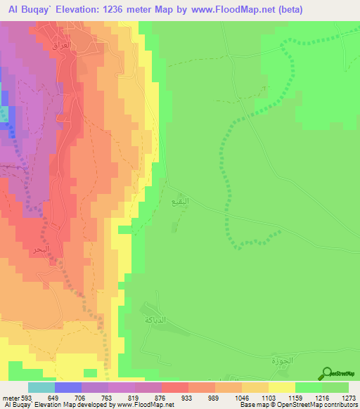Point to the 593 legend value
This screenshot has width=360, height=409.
coord(27,398)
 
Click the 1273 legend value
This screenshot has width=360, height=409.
coord(349,398)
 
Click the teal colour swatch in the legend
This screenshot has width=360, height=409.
coord(41,387)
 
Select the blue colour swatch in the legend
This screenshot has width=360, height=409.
coord(67,387)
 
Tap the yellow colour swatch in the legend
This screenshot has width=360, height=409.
coord(281,387)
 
